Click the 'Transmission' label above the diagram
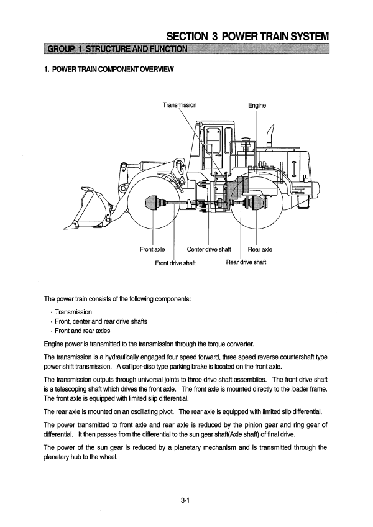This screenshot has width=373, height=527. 180,104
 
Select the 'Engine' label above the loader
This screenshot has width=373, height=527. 257,106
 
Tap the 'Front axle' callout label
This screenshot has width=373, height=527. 152,249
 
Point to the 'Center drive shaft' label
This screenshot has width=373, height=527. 209,249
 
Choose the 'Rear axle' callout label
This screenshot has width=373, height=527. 260,249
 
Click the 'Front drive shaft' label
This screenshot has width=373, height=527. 175,262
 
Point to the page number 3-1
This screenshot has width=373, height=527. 185,490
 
